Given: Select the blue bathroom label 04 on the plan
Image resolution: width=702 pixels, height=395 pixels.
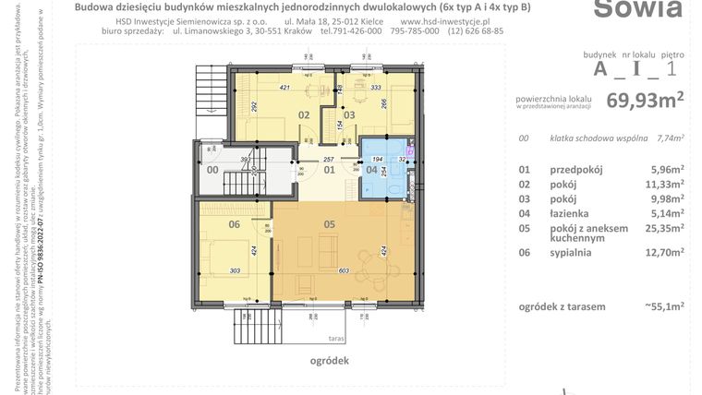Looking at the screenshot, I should tap(371, 169).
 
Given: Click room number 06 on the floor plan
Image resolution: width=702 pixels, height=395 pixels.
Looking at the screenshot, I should tap(235, 223).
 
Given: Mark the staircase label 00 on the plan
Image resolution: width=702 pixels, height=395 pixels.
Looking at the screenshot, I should tap(212, 169).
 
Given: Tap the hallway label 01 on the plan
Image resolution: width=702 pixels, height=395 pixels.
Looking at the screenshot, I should tap(328, 169).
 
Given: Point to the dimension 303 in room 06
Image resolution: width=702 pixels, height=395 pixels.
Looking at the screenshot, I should tap(235, 269).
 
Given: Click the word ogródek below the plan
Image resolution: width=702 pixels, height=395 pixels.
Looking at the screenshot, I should tap(330, 363).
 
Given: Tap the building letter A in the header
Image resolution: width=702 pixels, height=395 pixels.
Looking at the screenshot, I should tap(601, 68).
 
